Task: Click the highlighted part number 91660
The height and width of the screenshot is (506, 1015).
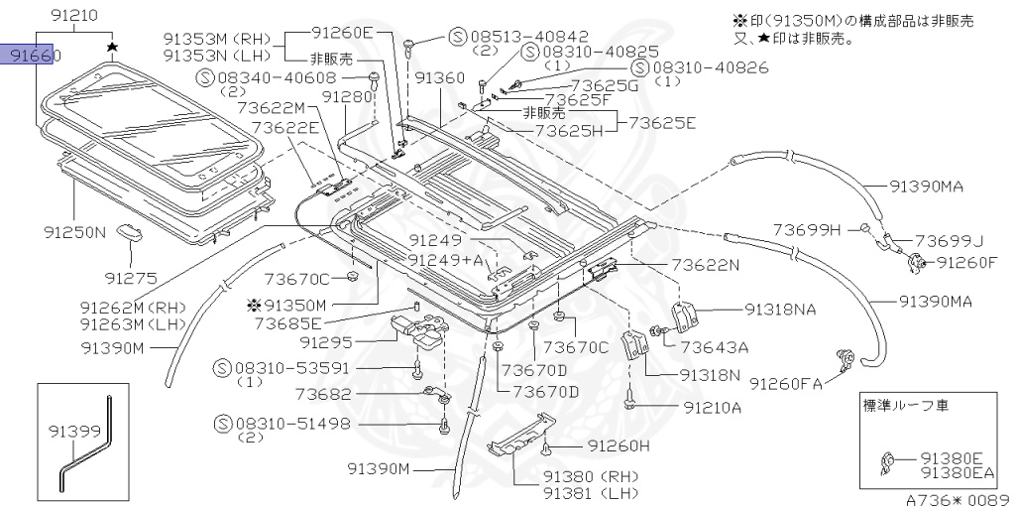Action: tap(35, 57)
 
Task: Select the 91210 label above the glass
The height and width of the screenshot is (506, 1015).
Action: tap(75, 16)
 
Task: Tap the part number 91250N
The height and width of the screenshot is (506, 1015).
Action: tap(74, 233)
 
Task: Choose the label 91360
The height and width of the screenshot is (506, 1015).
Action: tap(439, 77)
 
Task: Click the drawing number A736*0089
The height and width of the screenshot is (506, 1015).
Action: tap(957, 499)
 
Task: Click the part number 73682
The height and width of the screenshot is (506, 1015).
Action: tap(330, 394)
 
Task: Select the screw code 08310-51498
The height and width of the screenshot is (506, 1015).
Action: tap(292, 424)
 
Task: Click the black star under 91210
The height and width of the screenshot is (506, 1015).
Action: tap(113, 46)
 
